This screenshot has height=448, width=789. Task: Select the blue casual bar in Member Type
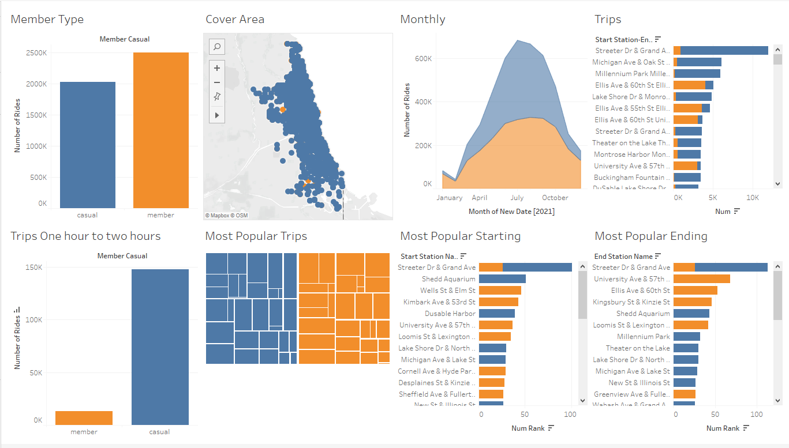coord(87,145)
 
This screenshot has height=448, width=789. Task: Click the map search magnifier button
coord(217,47)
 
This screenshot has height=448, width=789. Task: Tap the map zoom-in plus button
coord(217,68)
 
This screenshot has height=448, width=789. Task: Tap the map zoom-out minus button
coord(217,82)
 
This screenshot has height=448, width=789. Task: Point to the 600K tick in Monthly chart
coord(424,58)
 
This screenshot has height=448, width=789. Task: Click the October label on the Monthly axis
coord(555,198)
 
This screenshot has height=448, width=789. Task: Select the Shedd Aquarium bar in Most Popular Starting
coord(502,279)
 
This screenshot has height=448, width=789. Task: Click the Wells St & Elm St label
coord(448,291)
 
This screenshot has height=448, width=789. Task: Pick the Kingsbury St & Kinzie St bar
coord(692,302)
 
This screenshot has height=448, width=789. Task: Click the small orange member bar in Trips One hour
coord(84,418)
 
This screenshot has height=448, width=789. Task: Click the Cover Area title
coord(235,19)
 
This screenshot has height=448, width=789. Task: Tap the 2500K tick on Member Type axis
coord(36,53)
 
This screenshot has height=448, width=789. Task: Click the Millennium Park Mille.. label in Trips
coord(633,74)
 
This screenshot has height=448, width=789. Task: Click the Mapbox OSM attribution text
coord(227,215)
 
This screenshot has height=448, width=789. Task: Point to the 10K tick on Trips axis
coord(752,198)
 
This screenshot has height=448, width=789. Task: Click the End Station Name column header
coord(623,257)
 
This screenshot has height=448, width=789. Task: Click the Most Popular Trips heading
coord(256,236)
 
